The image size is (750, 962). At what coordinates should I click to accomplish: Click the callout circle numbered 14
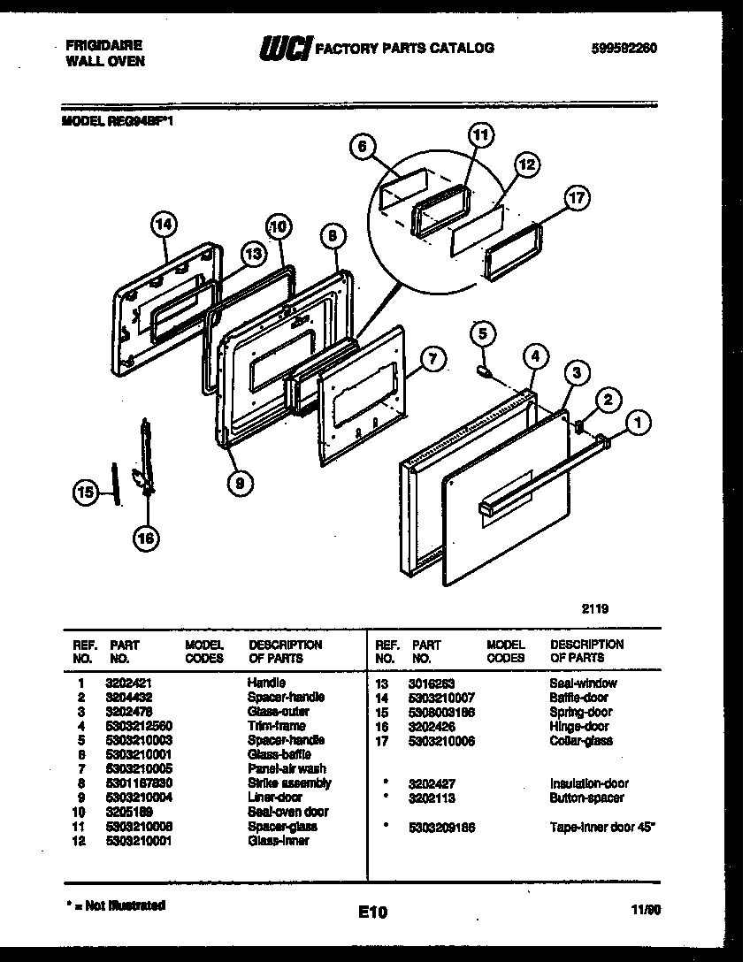click(162, 225)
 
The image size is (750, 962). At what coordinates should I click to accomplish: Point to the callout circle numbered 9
click(238, 482)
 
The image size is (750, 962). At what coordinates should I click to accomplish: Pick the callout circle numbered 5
click(482, 333)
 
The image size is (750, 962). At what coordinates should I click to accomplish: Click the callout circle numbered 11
click(479, 136)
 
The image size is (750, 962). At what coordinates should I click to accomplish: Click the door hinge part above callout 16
click(145, 460)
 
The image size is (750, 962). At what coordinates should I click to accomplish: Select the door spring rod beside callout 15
click(114, 482)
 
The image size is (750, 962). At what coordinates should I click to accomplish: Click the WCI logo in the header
click(285, 49)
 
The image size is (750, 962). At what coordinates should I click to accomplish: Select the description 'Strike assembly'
click(289, 783)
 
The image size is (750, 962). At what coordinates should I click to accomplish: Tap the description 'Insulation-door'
click(589, 783)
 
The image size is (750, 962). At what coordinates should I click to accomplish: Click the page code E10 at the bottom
click(373, 912)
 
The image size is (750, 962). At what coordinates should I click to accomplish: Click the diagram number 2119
click(594, 607)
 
